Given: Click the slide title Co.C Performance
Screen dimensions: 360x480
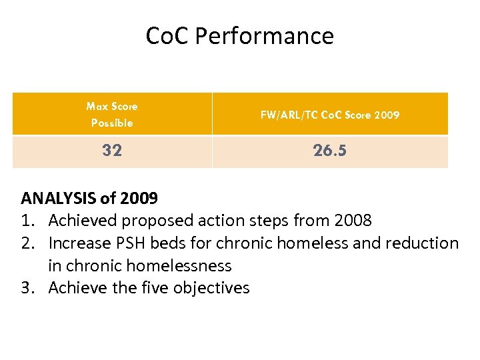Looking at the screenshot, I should pyautogui.click(x=240, y=35).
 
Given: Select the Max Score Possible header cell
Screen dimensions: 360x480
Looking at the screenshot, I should pyautogui.click(x=112, y=114).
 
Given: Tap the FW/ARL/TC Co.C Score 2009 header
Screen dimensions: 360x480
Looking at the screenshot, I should pyautogui.click(x=330, y=115).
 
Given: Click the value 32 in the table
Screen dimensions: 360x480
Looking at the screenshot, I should pyautogui.click(x=112, y=151).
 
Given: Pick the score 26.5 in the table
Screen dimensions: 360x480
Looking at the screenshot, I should pyautogui.click(x=330, y=151).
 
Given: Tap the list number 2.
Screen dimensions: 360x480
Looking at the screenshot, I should pyautogui.click(x=27, y=243).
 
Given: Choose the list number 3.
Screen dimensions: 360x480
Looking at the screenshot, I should pyautogui.click(x=27, y=288).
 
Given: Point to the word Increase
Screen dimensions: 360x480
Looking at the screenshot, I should pyautogui.click(x=79, y=243).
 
